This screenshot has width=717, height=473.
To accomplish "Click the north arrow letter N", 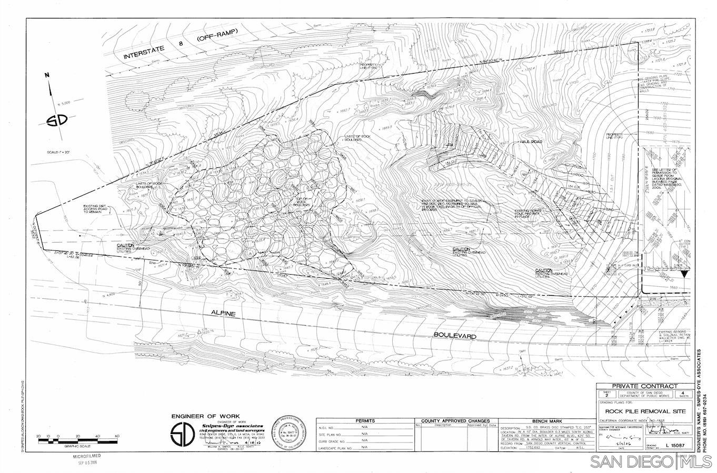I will pos(47,76).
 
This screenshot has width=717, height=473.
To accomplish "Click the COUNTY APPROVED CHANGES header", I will pos(457,421).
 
